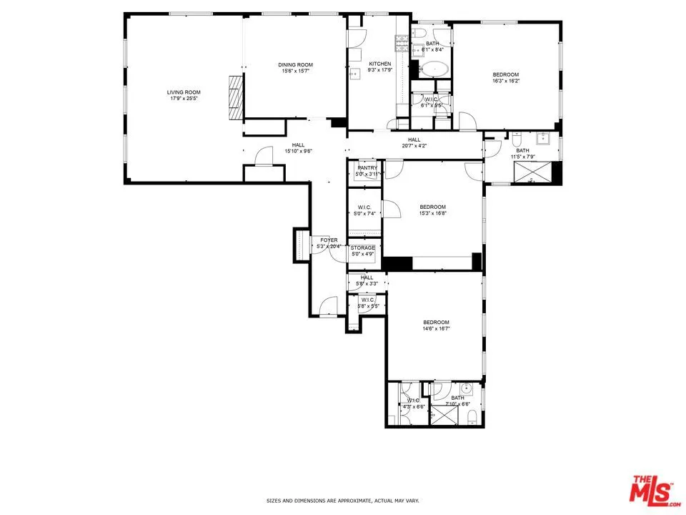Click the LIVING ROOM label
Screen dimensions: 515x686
coord(184,92)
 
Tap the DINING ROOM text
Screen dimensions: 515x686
coord(295,65)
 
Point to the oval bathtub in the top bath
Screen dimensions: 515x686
coord(434,69)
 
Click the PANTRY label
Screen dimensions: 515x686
coord(367,168)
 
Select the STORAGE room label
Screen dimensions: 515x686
coord(362,247)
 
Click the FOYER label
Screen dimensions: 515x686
coord(329,240)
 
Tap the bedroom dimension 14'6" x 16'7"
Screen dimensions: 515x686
coord(436,328)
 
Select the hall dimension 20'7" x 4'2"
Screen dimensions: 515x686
coord(414,146)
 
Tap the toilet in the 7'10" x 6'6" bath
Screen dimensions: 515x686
coord(472,422)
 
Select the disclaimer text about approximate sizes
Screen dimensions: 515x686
coord(342,501)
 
